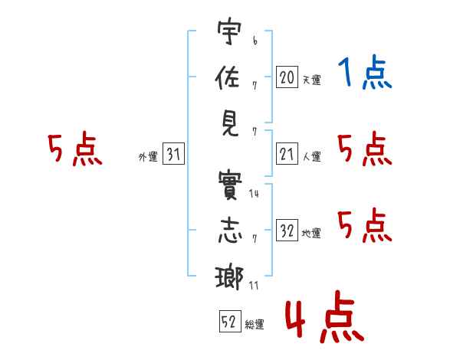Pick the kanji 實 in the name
228,185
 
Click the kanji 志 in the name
228,231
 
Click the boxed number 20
287,77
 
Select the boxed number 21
287,155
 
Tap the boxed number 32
287,231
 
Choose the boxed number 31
173,155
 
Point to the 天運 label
311,79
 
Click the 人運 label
311,157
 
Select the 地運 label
311,234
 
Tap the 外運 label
147,157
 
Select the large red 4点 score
324,320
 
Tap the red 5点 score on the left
74,149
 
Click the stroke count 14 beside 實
254,194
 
